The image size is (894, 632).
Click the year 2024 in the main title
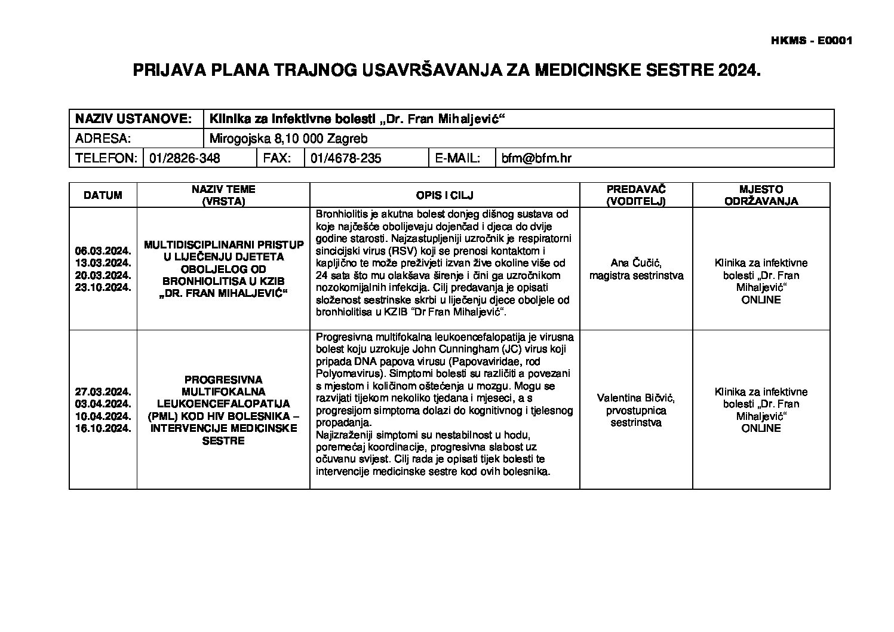pyautogui.click(x=742, y=70)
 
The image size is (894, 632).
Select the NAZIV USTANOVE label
pyautogui.click(x=133, y=119)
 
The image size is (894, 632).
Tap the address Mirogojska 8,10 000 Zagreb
pyautogui.click(x=288, y=139)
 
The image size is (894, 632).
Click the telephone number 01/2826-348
pyautogui.click(x=185, y=158)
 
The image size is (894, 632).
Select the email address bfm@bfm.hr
pyautogui.click(x=536, y=158)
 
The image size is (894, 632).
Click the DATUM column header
pyautogui.click(x=103, y=195)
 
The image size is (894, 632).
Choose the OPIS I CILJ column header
pyautogui.click(x=445, y=195)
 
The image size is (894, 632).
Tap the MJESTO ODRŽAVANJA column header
pyautogui.click(x=761, y=195)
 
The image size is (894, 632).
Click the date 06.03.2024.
pyautogui.click(x=103, y=251)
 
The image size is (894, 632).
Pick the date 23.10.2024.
pyautogui.click(x=103, y=287)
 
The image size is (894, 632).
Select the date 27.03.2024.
pyautogui.click(x=103, y=392)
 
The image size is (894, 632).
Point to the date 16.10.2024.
pyautogui.click(x=103, y=428)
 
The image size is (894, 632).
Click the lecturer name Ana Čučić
pyautogui.click(x=636, y=263)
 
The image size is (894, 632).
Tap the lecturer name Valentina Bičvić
pyautogui.click(x=636, y=398)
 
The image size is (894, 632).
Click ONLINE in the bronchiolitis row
pyautogui.click(x=761, y=300)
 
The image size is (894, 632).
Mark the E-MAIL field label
pyautogui.click(x=458, y=158)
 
